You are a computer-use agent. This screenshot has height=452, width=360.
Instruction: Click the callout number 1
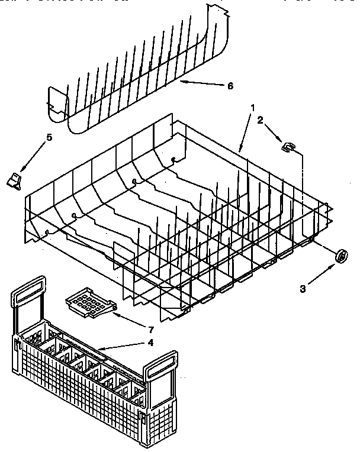pyautogui.click(x=253, y=108)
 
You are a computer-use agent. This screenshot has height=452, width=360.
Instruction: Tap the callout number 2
pyautogui.click(x=259, y=120)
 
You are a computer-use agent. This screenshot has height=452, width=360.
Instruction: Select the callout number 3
pyautogui.click(x=303, y=289)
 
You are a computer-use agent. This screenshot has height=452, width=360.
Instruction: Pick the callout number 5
pyautogui.click(x=49, y=138)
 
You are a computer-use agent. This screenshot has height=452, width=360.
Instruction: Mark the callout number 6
pyautogui.click(x=230, y=86)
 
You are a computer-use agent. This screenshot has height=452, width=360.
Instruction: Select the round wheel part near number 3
pyautogui.click(x=342, y=255)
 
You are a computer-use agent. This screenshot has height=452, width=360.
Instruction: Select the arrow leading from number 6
pyautogui.click(x=201, y=83)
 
